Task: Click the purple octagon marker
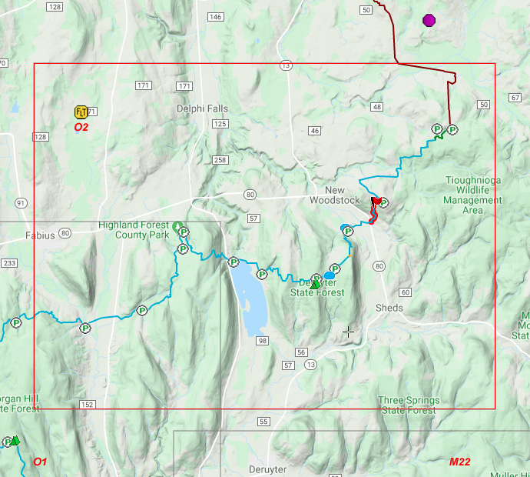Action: coord(429,20)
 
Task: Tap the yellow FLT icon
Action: coord(81,112)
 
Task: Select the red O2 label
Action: coord(81,127)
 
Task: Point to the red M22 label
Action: coord(460,462)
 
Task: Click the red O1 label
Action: coord(40,462)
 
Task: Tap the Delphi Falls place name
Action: coord(202,108)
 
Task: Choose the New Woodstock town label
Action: coord(334,195)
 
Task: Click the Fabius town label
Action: coord(40,235)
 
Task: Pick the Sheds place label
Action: coord(389,308)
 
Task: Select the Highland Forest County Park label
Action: coord(135,229)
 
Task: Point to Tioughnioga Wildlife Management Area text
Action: coord(473,195)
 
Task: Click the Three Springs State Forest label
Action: coord(409,405)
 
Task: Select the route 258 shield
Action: coord(220,159)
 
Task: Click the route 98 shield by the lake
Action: coord(263,341)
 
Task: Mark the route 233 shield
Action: coord(9,263)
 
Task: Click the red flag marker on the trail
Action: coord(376,202)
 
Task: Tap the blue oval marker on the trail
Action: coord(329,275)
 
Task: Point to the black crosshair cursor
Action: coord(349,332)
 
